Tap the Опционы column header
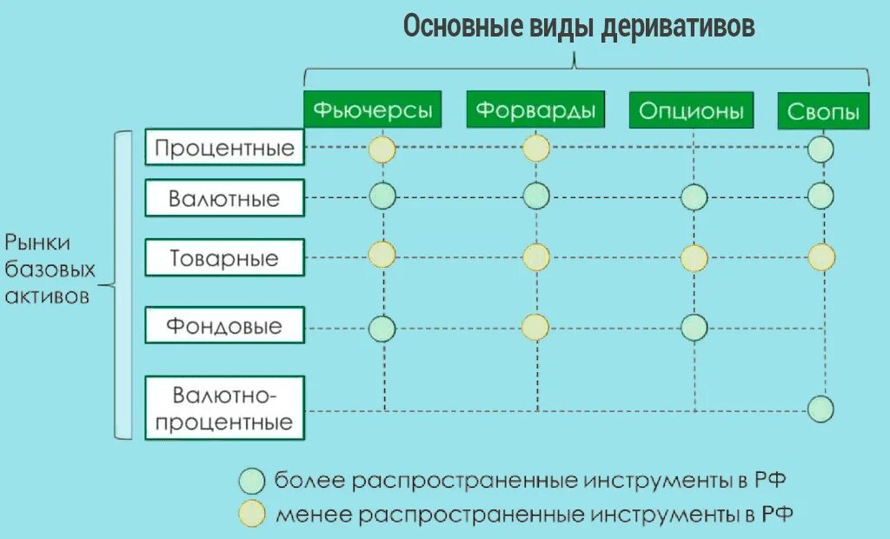click(x=691, y=110)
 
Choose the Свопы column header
click(x=822, y=111)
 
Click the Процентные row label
click(x=224, y=147)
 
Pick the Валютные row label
click(x=224, y=198)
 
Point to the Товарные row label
click(x=224, y=258)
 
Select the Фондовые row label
click(x=224, y=326)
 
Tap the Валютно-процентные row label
click(x=224, y=409)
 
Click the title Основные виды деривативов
click(x=579, y=26)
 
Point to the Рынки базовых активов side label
click(x=49, y=269)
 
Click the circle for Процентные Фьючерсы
click(x=382, y=150)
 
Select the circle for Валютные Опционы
click(x=694, y=197)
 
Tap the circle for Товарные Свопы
click(x=821, y=257)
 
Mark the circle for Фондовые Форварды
click(x=535, y=327)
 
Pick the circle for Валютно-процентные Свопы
click(x=820, y=408)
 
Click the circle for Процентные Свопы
click(x=820, y=150)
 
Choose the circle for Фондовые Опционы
click(x=694, y=327)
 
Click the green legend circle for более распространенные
click(x=253, y=480)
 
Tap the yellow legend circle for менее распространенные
click(x=253, y=513)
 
